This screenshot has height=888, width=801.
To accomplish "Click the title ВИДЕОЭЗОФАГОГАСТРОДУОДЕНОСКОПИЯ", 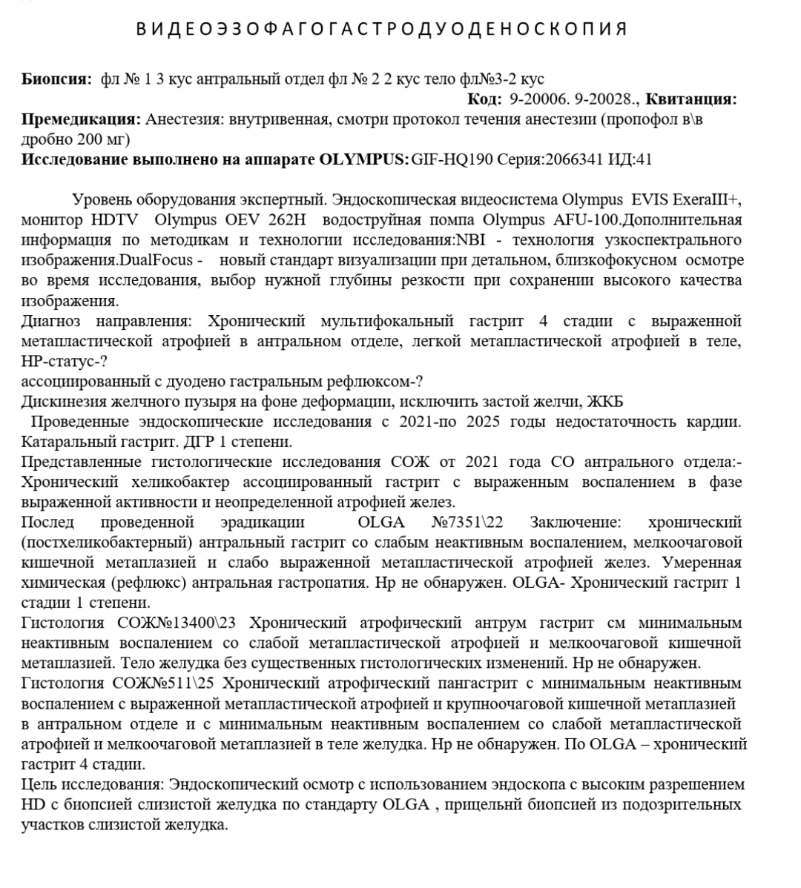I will (382, 30).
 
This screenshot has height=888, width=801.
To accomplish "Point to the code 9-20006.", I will (535, 99).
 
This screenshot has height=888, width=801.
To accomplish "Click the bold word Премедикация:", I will (81, 119).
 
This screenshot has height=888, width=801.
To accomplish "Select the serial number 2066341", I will (575, 159).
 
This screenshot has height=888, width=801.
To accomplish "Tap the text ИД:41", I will (630, 159).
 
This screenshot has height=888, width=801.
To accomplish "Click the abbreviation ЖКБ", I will (604, 402).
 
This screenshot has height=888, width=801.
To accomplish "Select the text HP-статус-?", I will (64, 361).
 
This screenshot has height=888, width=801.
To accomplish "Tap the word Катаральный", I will (63, 442).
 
